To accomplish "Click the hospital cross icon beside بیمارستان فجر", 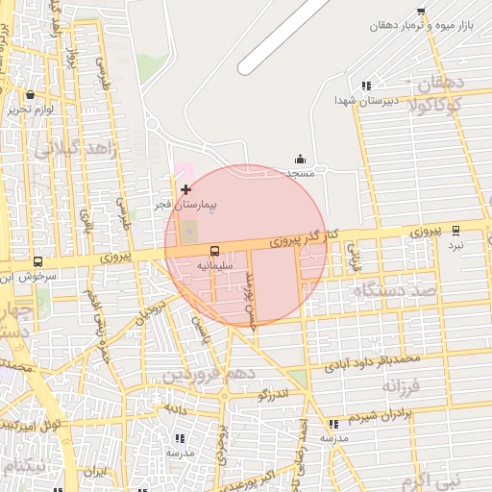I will pyautogui.click(x=185, y=190).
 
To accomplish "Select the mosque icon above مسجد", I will pyautogui.click(x=300, y=160).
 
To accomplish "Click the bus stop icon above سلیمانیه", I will pyautogui.click(x=214, y=252).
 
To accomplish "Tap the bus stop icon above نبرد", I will pyautogui.click(x=455, y=231).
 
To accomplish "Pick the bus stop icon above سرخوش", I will pyautogui.click(x=37, y=261).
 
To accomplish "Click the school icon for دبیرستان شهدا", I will pyautogui.click(x=365, y=86).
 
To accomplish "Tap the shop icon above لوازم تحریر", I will pyautogui.click(x=31, y=95).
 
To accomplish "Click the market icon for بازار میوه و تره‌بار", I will pyautogui.click(x=421, y=12).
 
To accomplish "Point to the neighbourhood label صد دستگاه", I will pyautogui.click(x=394, y=289).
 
